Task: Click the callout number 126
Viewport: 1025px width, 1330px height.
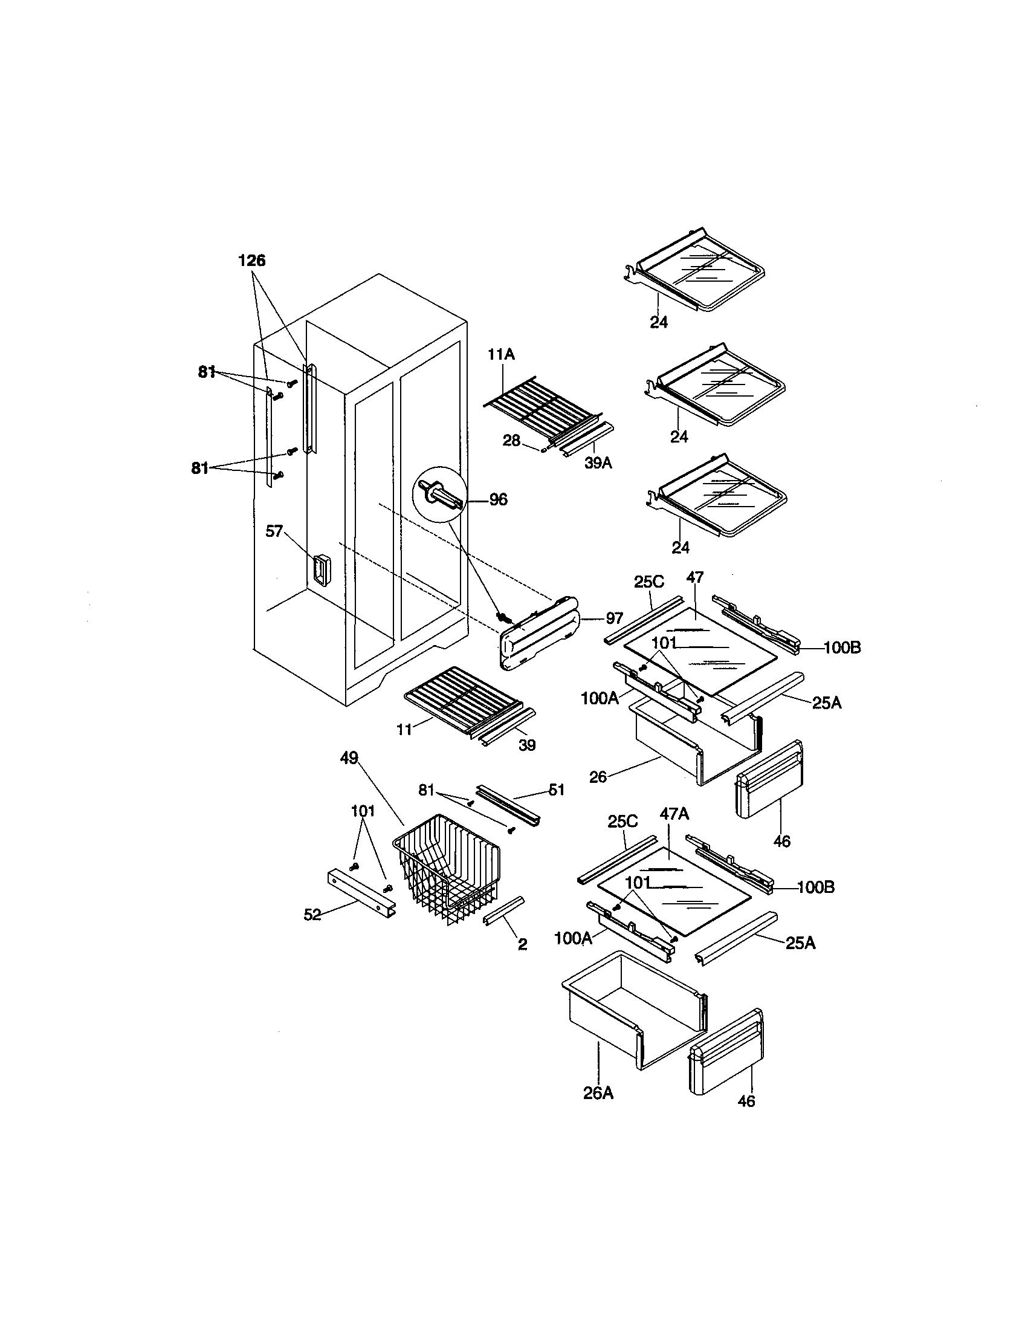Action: coord(251,261)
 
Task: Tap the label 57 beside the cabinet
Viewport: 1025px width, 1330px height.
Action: coord(274,531)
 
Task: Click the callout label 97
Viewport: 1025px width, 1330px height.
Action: coord(614,618)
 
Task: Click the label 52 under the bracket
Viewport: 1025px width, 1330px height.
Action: coord(312,932)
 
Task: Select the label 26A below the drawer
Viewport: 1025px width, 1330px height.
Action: coord(598,1093)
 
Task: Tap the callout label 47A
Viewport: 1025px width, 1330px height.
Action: coord(674,814)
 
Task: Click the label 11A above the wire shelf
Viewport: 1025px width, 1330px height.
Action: coord(501,354)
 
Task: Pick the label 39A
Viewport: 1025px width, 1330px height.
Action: coord(598,463)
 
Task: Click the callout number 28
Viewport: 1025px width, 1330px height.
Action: coord(511,440)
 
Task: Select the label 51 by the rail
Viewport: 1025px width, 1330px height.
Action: coord(557,790)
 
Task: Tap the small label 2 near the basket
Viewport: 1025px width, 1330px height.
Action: coord(522,944)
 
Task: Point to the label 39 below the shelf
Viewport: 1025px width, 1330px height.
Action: coord(527,745)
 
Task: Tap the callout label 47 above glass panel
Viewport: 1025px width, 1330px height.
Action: coord(694,577)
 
